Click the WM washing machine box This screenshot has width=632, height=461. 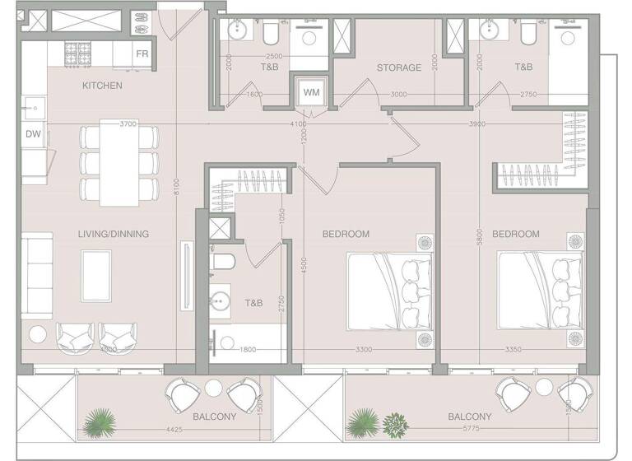pos(311,92)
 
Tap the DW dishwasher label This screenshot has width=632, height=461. pos(33,134)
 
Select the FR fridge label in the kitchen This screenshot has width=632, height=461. pos(142,54)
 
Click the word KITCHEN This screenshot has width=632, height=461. pos(103,86)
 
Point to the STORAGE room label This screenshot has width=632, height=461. pos(399,68)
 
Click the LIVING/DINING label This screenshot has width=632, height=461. pos(114,234)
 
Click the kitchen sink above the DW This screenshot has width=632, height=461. pos(33,106)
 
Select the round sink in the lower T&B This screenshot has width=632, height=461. pos(221,298)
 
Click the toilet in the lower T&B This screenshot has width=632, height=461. pos(224,262)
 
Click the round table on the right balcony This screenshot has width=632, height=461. pos(542,386)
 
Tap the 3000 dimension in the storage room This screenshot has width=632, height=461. pos(398,95)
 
